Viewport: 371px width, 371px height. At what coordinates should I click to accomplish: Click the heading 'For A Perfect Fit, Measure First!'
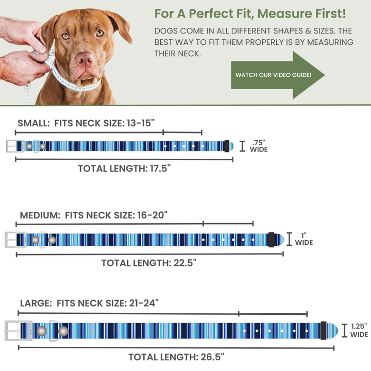[250, 13]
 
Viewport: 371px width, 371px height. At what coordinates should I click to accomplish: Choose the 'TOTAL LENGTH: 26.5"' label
[176, 357]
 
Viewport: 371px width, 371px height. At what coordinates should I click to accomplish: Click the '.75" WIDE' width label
[259, 146]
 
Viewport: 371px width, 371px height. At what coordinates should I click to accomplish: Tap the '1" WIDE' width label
[303, 239]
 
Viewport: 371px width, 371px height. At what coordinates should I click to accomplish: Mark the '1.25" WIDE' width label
[359, 330]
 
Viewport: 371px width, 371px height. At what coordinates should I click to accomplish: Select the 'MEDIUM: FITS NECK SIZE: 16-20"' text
[94, 215]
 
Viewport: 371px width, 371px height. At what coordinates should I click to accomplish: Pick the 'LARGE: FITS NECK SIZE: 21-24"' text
[89, 303]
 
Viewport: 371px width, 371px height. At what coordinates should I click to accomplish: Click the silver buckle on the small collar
[15, 146]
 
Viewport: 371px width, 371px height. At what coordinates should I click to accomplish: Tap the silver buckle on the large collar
[19, 330]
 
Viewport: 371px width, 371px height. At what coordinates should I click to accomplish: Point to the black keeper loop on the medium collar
[271, 239]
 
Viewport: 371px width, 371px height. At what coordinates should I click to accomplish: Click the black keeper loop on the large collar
[323, 330]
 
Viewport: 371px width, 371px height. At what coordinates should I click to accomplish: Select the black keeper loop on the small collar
[226, 146]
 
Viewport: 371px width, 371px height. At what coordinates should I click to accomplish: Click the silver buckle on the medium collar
[15, 240]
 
